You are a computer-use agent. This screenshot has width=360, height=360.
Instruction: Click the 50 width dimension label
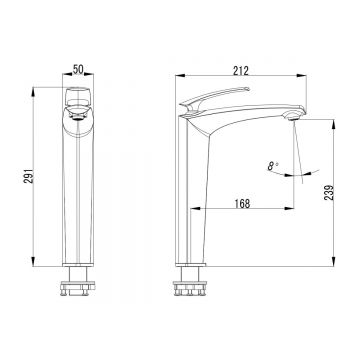(x=78, y=69)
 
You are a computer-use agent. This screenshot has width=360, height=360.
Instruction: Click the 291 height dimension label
(x=29, y=175)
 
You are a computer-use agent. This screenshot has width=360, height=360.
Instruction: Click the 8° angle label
(x=273, y=166)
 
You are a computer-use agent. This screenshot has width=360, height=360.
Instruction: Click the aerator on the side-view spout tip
(x=294, y=117)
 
